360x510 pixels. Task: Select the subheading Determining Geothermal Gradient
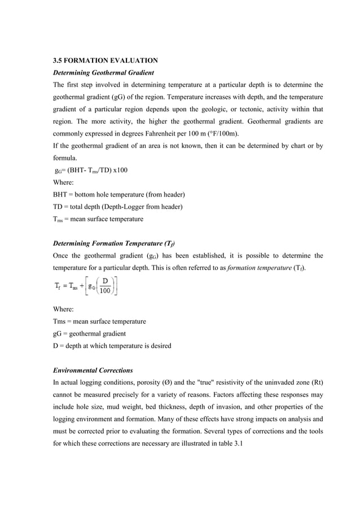click(x=103, y=72)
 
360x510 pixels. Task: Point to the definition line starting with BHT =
click(x=118, y=194)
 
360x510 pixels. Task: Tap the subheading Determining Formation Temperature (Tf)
click(x=113, y=243)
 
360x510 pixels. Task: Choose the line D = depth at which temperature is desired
click(x=112, y=346)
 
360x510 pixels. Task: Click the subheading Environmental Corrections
click(x=93, y=370)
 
